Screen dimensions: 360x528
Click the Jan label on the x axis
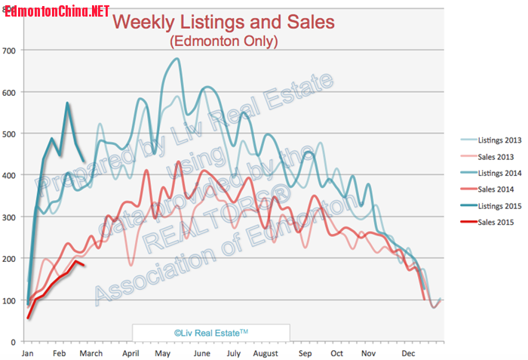coord(28,353)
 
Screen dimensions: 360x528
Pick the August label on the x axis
coord(266,353)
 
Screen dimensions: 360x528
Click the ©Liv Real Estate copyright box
coord(211,332)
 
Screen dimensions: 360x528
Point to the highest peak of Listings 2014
coord(177,59)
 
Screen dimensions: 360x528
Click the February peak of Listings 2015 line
coord(68,103)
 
